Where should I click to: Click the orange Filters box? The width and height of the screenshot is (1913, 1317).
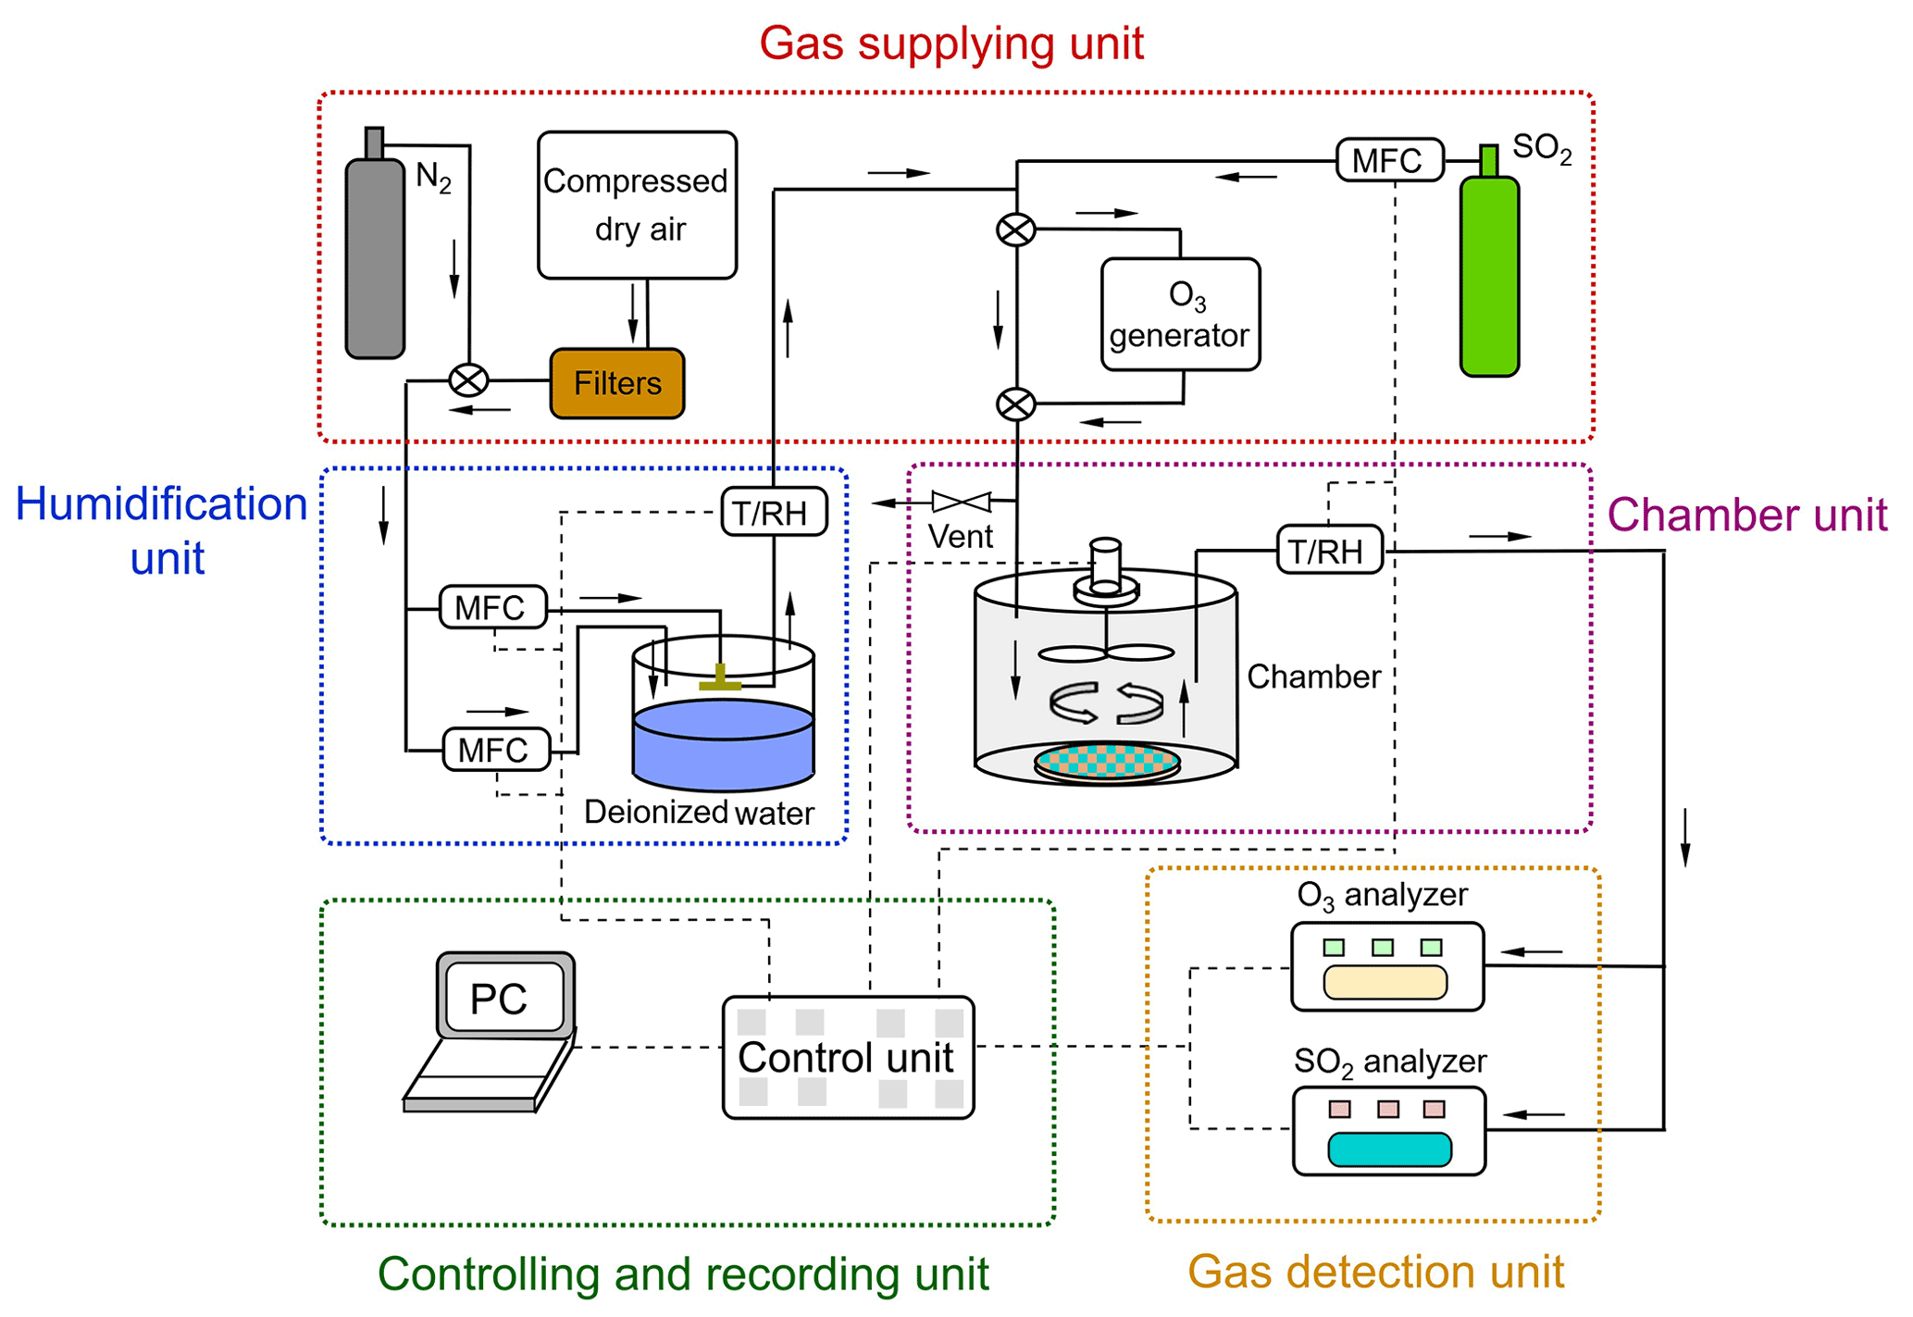(617, 383)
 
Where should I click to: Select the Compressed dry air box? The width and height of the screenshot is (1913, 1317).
(637, 205)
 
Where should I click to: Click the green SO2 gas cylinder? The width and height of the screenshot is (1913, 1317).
(1489, 276)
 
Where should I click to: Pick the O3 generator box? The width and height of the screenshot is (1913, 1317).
(1180, 315)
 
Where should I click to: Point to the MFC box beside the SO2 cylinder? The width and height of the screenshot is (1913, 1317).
(1389, 160)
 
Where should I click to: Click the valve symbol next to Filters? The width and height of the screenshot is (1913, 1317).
(468, 380)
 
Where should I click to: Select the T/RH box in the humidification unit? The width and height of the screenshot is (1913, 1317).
(774, 512)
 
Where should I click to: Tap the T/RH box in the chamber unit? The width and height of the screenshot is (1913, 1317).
(1330, 551)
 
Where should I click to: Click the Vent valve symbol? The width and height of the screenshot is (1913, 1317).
(962, 502)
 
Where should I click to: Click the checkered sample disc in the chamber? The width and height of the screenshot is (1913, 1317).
(1107, 762)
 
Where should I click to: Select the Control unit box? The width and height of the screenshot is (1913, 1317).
(848, 1057)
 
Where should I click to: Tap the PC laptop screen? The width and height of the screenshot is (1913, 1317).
(504, 998)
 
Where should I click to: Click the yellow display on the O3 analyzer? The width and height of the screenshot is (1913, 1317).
(1385, 982)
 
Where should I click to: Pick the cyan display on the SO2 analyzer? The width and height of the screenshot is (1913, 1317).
(1389, 1149)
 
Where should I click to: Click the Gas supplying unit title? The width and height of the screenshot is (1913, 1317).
(951, 43)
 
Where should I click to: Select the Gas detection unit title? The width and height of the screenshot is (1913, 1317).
(1375, 1272)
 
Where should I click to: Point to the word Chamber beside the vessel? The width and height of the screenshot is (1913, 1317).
(1313, 677)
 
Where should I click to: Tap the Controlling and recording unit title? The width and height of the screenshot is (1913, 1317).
(683, 1274)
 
